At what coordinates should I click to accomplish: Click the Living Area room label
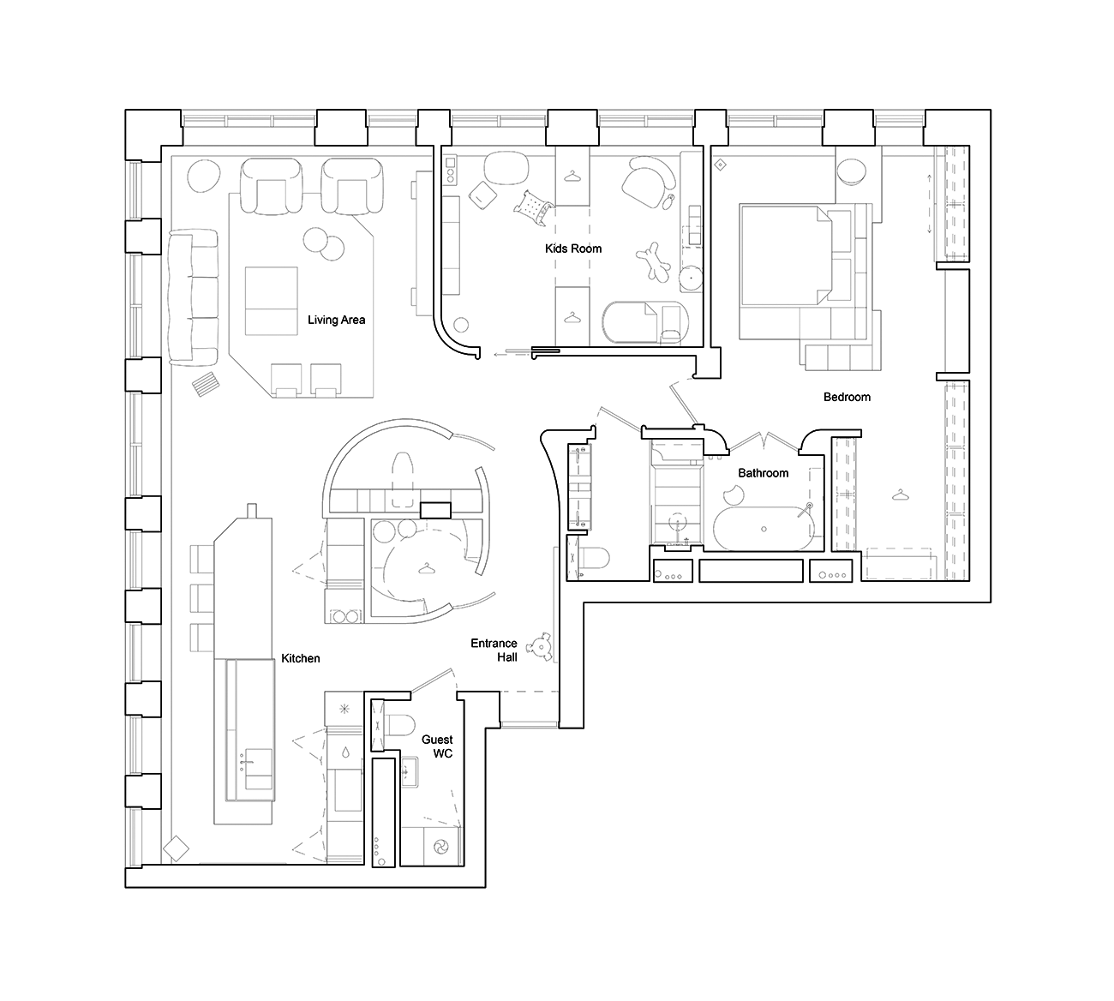pos(336,320)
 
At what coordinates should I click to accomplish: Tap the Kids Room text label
pos(573,249)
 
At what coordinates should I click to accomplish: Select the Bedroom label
pos(847,397)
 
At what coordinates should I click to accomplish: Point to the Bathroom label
pos(764,473)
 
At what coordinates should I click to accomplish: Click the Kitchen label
pos(300,658)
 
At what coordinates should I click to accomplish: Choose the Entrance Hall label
pos(494,650)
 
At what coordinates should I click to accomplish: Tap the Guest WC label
pos(437,746)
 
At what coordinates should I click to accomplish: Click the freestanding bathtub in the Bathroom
pos(764,529)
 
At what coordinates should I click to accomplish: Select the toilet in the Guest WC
pos(399,725)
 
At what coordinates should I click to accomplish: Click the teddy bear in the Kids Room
pos(654,261)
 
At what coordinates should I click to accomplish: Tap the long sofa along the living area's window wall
pos(193,297)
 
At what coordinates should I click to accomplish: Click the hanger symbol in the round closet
pos(426,569)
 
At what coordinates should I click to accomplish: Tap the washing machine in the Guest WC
pos(441,847)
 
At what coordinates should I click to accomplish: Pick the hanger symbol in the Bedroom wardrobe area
pos(900,495)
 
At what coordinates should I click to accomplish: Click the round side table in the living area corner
pos(203,176)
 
